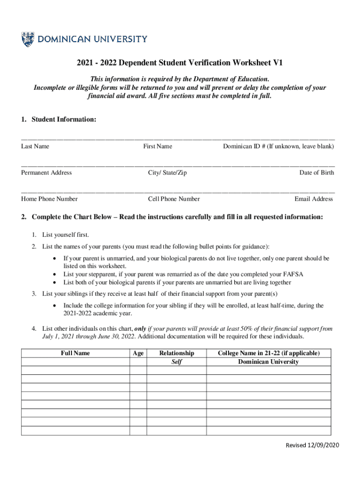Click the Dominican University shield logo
coord(28,39)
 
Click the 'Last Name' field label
coord(35,146)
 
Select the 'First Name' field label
coord(158,146)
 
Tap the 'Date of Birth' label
coord(317,173)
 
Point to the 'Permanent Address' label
coord(46,173)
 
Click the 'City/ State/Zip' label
coord(167,173)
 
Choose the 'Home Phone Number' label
coord(49,199)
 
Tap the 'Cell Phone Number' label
coord(174,199)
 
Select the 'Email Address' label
coord(314,199)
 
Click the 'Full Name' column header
coord(75,353)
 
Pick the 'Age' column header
coord(138,353)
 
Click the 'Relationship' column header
coord(176,353)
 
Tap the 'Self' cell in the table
coord(176,362)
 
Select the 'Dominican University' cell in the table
coord(268,362)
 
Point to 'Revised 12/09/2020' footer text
coord(311,445)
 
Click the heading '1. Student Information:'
coord(58,120)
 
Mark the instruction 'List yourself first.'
coord(65,234)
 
